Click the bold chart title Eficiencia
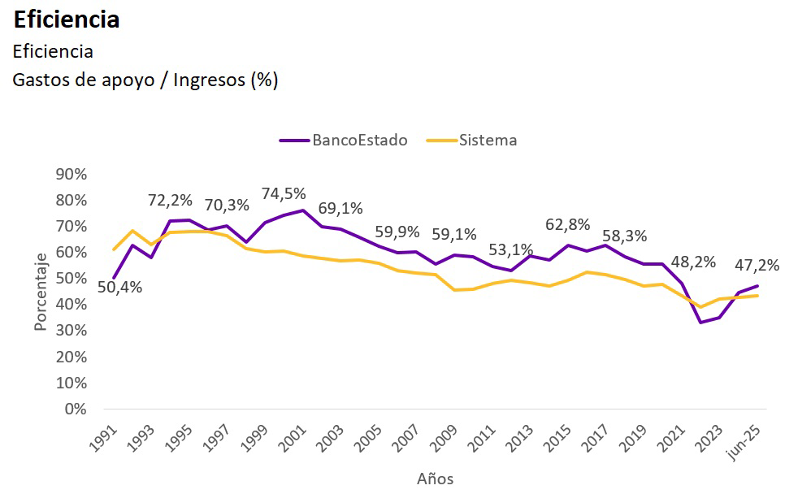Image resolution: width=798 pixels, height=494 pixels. coord(67,19)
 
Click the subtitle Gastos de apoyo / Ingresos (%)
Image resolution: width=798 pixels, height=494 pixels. coord(145,80)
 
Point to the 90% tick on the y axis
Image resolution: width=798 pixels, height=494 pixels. coord(71,175)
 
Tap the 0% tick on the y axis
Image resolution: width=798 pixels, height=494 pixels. coord(75,409)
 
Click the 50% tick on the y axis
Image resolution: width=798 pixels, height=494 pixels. coord(71,279)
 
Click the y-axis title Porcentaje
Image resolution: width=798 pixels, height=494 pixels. coord(41,292)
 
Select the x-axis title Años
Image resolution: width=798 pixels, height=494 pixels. coord(436,479)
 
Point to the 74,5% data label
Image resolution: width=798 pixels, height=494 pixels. coord(284,193)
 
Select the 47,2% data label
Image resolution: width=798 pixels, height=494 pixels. coord(757,265)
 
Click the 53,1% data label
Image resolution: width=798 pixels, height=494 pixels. coord(510,249)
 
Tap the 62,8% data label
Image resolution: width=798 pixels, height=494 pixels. coord(567,225)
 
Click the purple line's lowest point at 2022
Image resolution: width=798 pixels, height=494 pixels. coord(700,323)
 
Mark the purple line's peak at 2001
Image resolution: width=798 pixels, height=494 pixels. coord(303,210)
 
